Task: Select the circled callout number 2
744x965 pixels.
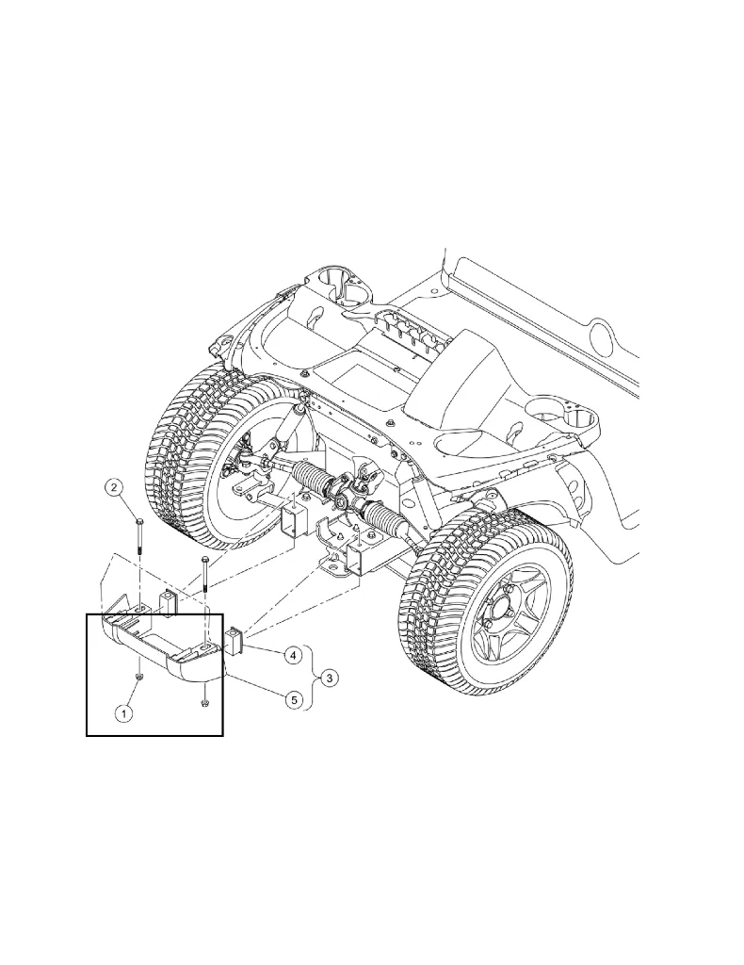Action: click(114, 487)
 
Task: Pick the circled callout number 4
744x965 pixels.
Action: click(293, 653)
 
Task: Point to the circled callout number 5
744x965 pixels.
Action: click(293, 700)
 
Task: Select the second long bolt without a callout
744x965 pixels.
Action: click(203, 578)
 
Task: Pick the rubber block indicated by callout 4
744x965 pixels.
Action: click(235, 645)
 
